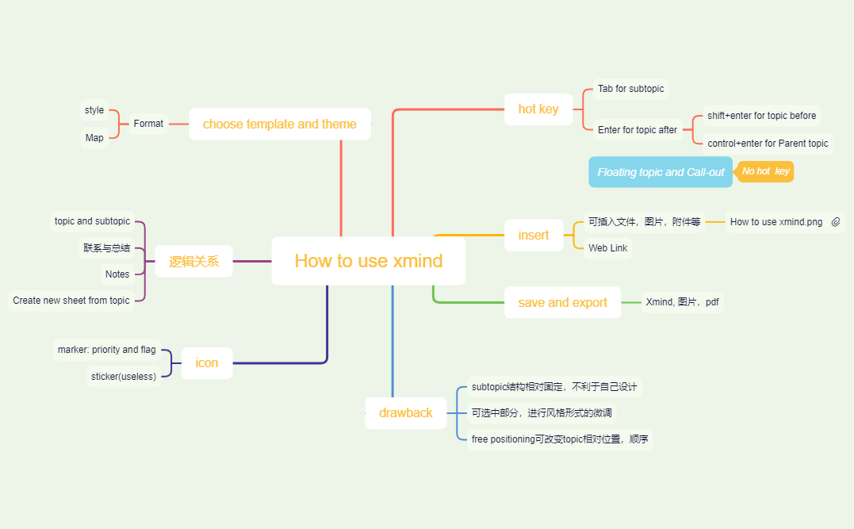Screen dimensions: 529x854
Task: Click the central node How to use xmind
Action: point(369,261)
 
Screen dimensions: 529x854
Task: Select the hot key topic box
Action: point(538,109)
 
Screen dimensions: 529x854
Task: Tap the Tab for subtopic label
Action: point(630,89)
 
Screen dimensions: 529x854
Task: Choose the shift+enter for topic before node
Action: point(761,116)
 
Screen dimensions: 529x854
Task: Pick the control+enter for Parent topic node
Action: point(768,144)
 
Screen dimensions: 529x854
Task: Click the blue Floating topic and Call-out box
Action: point(661,172)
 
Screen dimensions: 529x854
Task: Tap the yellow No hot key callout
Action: point(765,171)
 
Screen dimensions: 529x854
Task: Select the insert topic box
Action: point(534,236)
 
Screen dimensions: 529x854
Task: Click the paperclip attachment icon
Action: point(836,222)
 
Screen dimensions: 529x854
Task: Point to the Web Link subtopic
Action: point(607,248)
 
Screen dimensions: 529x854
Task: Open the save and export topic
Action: point(562,303)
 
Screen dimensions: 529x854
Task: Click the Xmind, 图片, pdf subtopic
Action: point(682,302)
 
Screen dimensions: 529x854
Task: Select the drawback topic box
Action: point(405,413)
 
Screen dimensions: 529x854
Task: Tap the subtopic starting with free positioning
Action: point(560,439)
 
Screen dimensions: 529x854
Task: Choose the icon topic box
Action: point(206,363)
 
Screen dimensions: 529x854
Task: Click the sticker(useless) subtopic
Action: point(123,376)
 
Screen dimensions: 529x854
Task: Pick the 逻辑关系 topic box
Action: point(193,261)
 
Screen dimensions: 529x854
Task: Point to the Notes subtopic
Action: point(117,274)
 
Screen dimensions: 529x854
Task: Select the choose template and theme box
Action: point(279,125)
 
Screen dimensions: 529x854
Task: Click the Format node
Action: point(148,124)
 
